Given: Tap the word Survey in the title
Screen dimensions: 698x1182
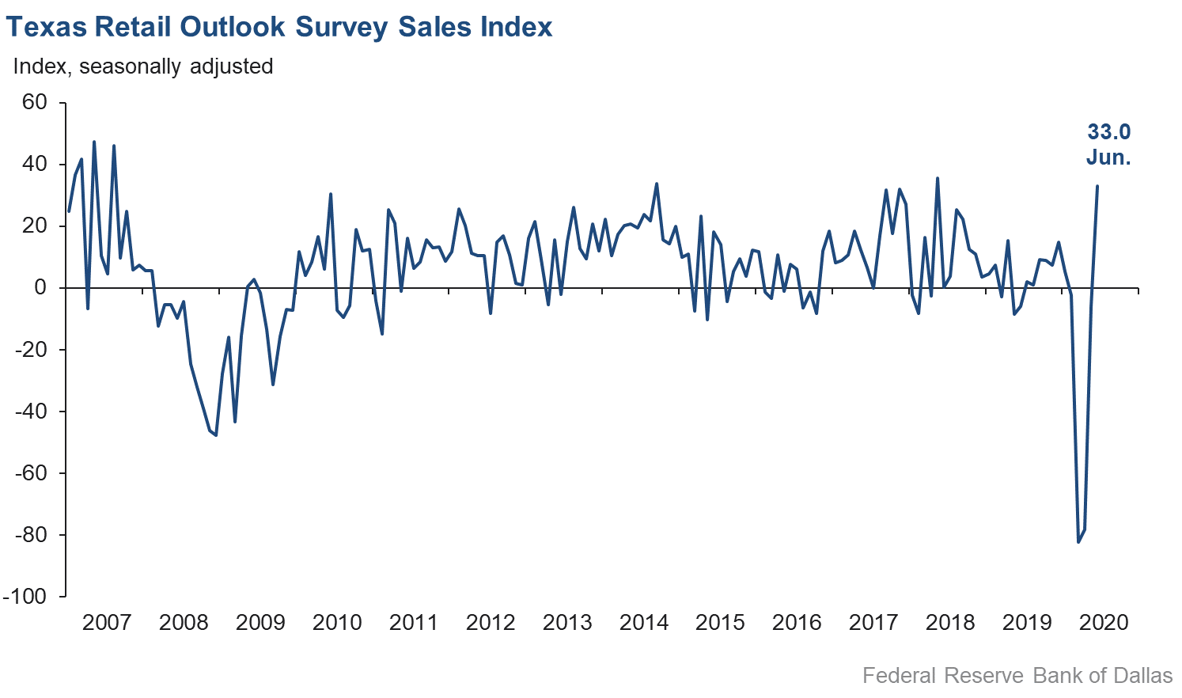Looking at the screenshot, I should (342, 27).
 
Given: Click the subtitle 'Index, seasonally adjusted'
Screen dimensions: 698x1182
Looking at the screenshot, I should (143, 66).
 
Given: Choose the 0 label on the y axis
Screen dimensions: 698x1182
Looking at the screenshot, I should (40, 288).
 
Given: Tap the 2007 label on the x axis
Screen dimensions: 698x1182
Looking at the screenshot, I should (107, 622).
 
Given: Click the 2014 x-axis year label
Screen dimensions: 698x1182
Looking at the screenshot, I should (644, 622).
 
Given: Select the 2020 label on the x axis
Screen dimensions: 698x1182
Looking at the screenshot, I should (1104, 622).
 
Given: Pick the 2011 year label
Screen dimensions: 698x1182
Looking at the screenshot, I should (414, 622).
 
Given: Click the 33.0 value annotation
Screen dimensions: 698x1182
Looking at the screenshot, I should (1108, 132).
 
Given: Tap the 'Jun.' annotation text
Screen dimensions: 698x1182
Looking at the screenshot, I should (1108, 157).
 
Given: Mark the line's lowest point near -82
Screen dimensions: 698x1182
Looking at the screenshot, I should (1078, 542).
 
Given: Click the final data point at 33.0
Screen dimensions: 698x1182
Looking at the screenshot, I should (1097, 186).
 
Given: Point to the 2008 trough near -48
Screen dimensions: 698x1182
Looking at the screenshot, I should (215, 435).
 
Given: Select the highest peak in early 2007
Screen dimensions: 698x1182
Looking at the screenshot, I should (94, 142).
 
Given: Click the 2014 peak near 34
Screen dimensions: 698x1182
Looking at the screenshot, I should (657, 184).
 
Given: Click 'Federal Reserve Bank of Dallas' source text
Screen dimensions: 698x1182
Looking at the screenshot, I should (1017, 675).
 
